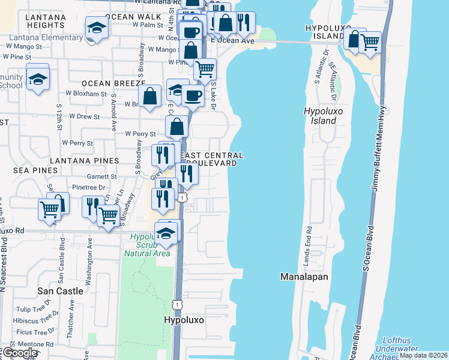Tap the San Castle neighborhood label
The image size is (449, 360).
(x=60, y=290)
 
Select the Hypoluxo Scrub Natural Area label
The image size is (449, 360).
(x=147, y=245)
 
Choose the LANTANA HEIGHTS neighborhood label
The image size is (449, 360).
(x=46, y=21)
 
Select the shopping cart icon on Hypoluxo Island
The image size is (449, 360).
(x=370, y=42)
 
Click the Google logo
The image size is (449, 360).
(x=19, y=353)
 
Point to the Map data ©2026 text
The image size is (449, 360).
(x=423, y=355)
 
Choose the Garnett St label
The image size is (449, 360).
(x=101, y=177)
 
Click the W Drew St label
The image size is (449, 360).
(x=85, y=116)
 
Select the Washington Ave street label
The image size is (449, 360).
(x=89, y=261)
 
